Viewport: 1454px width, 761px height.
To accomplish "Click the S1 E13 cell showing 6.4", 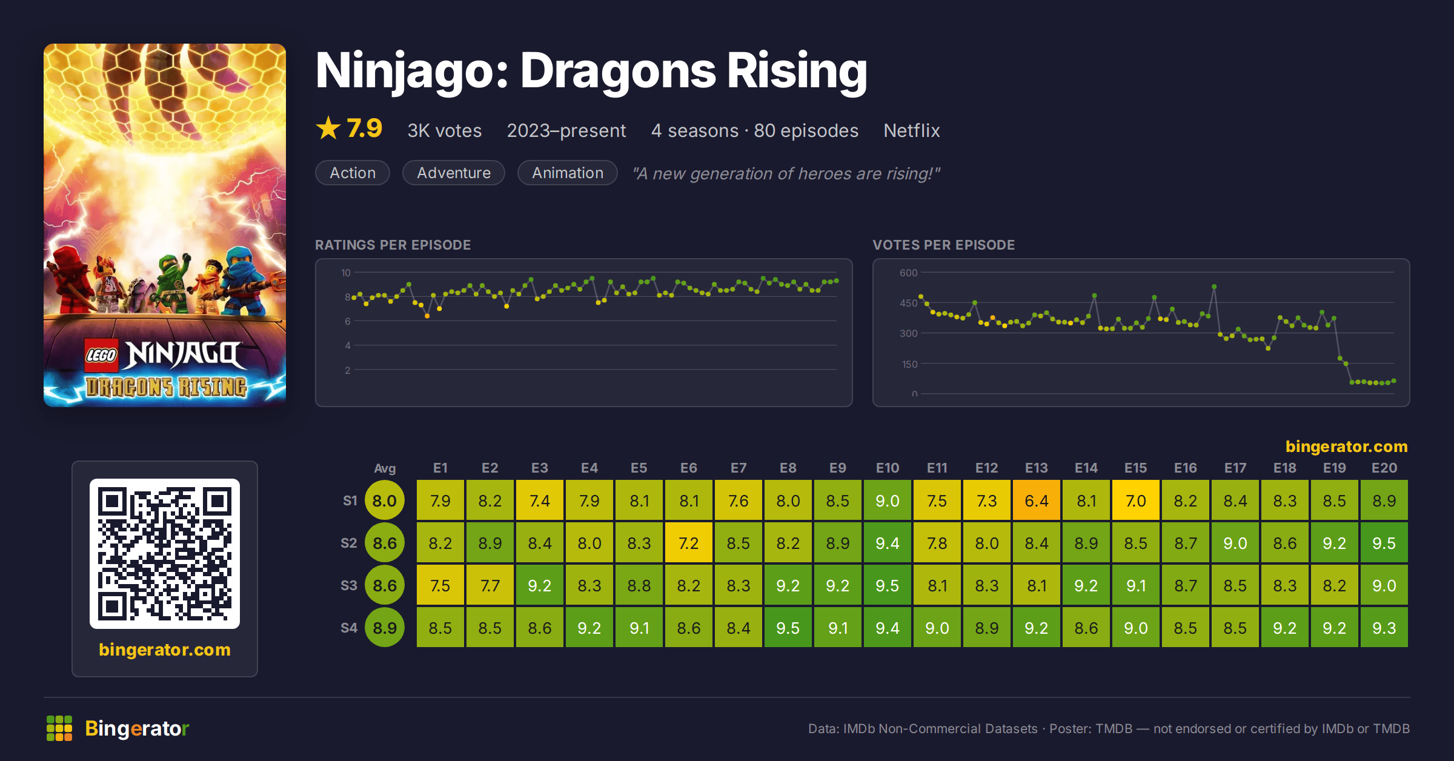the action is tap(1036, 500).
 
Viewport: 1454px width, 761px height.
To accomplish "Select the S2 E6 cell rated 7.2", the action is tap(688, 543).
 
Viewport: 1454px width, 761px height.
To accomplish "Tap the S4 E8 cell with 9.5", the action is tap(788, 628).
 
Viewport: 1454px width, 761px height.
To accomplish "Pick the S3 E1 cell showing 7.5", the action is tap(440, 585).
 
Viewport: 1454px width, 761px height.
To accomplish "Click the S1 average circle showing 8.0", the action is tap(385, 500).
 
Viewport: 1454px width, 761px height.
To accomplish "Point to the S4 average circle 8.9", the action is tap(385, 628).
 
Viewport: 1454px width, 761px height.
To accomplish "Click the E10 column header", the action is tap(887, 468).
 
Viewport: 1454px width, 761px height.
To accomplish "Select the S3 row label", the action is tap(349, 585).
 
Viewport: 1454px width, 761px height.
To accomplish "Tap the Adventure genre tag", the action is tap(454, 173).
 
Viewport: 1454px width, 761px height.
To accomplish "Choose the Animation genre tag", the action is tap(568, 173).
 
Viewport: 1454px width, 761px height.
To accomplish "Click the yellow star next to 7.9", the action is tap(328, 128).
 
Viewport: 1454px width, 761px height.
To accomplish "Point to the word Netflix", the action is tap(911, 130).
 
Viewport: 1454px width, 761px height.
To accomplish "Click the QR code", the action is tap(165, 554).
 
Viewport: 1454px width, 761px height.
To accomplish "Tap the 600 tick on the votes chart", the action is tap(908, 273).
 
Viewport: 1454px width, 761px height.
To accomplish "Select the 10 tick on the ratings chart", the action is tap(345, 273).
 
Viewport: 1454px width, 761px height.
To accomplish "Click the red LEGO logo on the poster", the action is tap(101, 355).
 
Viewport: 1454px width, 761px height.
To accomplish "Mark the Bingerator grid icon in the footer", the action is tap(59, 728).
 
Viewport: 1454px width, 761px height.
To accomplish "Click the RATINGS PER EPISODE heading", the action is tap(393, 245).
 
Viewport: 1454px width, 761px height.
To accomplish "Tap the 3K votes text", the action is tap(444, 130).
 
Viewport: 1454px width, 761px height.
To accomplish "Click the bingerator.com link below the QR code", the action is tap(165, 650).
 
